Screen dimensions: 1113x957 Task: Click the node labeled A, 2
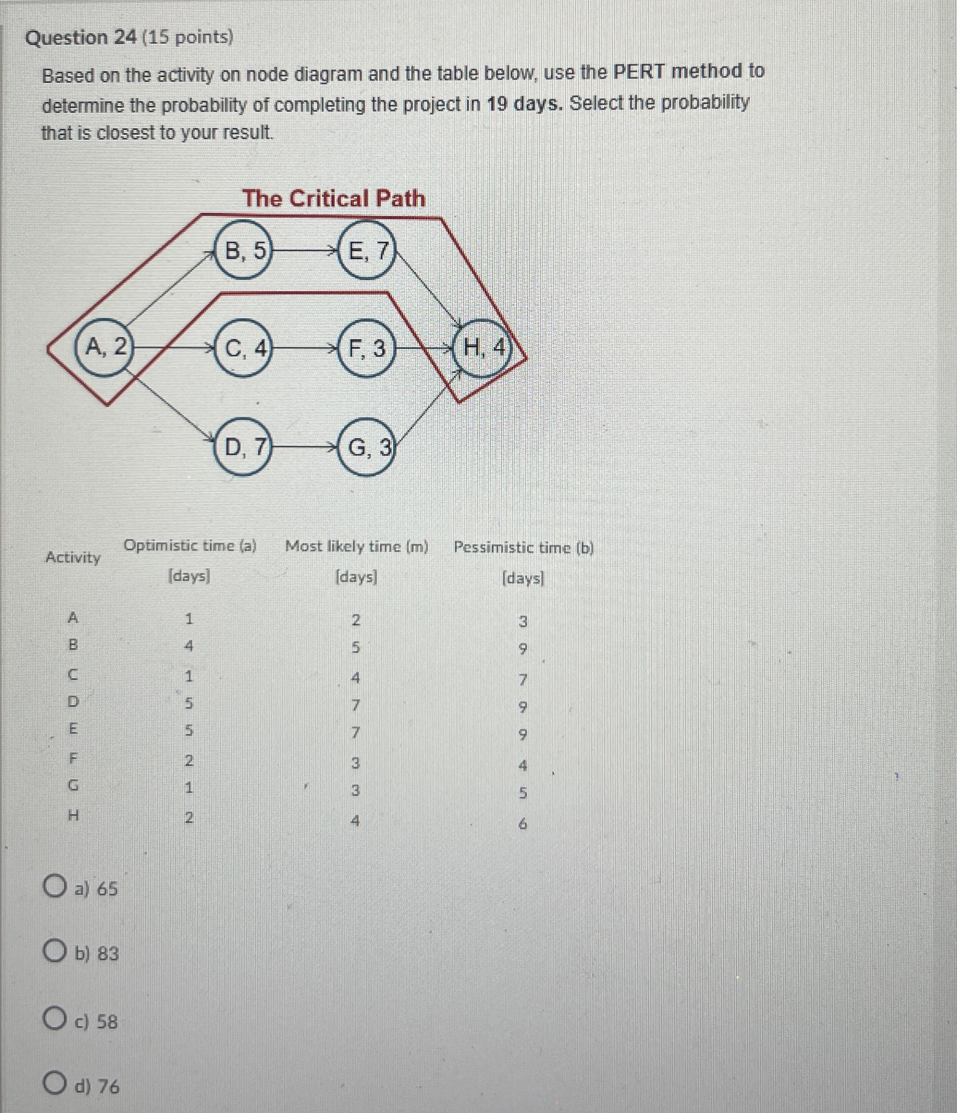(106, 349)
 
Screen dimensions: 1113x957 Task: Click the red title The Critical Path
(333, 199)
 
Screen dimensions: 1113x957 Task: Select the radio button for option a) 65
(54, 887)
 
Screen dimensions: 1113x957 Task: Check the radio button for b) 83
(54, 953)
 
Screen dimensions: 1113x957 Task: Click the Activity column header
(73, 558)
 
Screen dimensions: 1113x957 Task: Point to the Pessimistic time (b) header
(524, 548)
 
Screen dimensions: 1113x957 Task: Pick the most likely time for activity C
(355, 678)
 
